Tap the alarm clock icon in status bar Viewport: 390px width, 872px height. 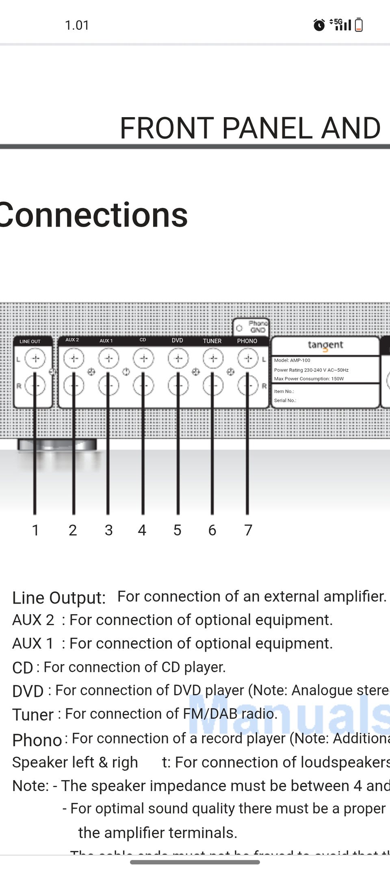319,25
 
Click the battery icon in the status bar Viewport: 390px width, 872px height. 359,25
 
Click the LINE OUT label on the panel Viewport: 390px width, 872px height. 30,341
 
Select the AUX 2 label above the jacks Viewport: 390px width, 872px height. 72,340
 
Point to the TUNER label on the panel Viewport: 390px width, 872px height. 212,341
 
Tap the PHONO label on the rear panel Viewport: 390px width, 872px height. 247,341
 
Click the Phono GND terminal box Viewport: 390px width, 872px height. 251,327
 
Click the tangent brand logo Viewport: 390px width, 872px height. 325,345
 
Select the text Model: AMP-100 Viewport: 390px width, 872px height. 292,360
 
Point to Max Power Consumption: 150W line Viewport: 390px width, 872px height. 309,379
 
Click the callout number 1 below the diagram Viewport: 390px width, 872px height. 35,530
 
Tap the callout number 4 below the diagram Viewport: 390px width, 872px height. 142,530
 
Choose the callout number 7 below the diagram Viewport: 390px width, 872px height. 248,530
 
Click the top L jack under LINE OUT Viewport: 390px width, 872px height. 35,358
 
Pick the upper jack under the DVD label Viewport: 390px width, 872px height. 178,358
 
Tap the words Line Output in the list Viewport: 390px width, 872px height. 59,597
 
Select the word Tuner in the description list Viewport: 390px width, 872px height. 33,715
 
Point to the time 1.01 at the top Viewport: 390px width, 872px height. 77,25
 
